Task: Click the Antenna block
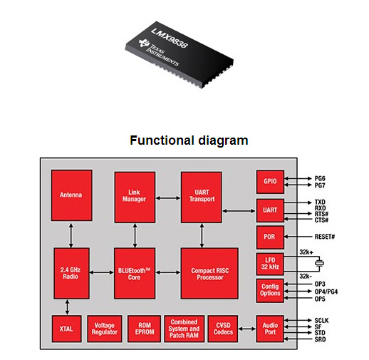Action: (x=72, y=195)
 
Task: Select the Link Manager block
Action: (x=135, y=197)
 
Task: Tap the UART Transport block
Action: (x=202, y=197)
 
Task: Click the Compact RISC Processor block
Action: (x=209, y=273)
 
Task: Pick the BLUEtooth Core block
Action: (x=135, y=273)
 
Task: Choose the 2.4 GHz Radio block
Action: (x=71, y=273)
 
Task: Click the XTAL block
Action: (x=66, y=329)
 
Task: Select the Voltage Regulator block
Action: (x=105, y=329)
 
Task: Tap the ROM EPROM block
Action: (x=144, y=329)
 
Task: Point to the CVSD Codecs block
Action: (x=223, y=329)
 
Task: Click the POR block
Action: (x=270, y=237)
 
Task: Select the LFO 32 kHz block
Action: (x=270, y=264)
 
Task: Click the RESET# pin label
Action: (x=325, y=237)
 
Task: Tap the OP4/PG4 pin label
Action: (x=326, y=292)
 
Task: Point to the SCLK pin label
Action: (x=321, y=321)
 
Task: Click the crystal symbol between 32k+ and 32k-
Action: (x=319, y=263)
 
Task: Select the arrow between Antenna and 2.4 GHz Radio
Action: (x=71, y=235)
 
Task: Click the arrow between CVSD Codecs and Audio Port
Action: (x=247, y=329)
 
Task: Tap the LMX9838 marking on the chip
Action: (x=170, y=38)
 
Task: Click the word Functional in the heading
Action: (x=162, y=140)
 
